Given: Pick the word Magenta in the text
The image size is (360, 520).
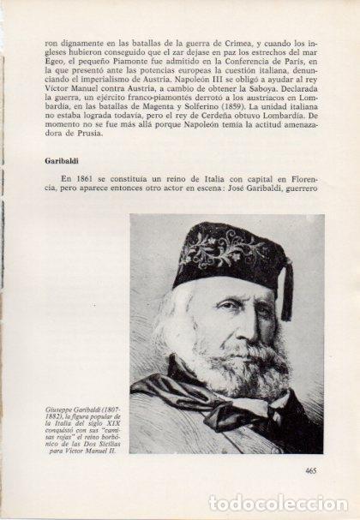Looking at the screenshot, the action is coord(170,123).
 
